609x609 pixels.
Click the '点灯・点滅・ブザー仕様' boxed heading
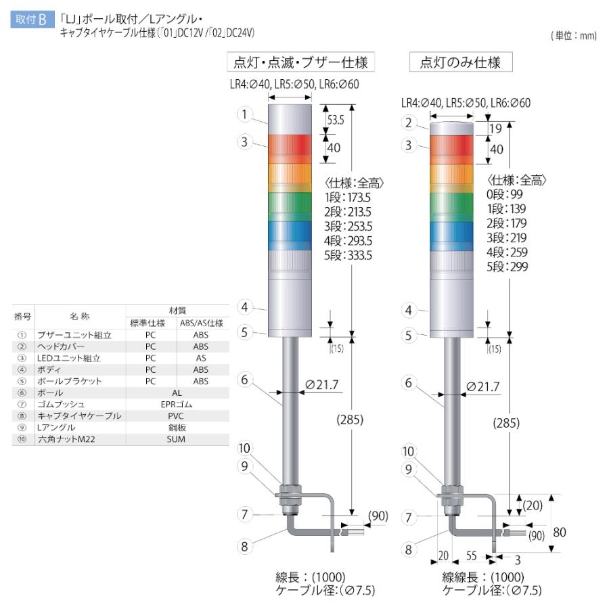tap(300, 63)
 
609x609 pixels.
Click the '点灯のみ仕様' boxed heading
tap(460, 63)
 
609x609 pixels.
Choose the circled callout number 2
tap(408, 122)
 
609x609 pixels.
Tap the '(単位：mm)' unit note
tap(574, 36)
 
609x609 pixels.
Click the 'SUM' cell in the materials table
tap(176, 439)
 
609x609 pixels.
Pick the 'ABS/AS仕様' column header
tap(201, 323)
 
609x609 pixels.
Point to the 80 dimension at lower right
tap(559, 533)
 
